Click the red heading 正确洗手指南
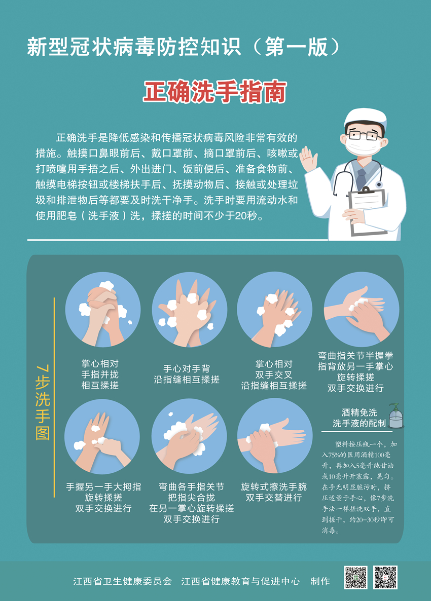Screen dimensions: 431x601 [215, 92]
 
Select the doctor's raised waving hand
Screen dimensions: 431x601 [309, 159]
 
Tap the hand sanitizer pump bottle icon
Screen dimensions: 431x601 [396, 416]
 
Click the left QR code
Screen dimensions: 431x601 [355, 577]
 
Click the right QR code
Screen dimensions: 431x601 [385, 577]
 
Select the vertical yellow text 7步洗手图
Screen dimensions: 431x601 [43, 402]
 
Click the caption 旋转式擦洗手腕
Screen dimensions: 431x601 [274, 487]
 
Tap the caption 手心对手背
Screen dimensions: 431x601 [187, 369]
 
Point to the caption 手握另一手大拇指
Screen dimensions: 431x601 [103, 487]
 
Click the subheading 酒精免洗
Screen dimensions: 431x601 [360, 412]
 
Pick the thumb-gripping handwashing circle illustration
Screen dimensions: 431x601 [102, 437]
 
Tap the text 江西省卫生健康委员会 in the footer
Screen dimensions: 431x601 [123, 581]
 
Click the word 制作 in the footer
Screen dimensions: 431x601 [320, 581]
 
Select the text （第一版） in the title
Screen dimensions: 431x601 [297, 47]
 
